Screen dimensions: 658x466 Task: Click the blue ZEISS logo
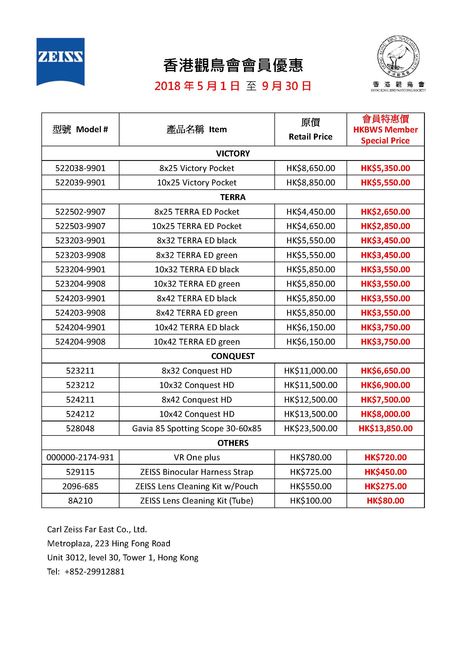60,61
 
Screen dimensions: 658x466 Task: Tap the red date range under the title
233,86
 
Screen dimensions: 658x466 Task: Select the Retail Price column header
310,129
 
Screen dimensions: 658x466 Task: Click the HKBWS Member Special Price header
385,129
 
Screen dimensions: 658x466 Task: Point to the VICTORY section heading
233,154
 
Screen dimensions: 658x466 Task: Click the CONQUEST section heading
233,356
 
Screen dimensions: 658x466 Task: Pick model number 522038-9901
80,168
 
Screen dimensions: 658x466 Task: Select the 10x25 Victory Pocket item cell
197,183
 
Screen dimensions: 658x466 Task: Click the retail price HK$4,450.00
310,212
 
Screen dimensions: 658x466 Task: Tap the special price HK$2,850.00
385,226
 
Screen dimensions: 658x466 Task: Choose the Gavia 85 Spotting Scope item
197,428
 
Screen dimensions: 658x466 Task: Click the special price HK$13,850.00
385,428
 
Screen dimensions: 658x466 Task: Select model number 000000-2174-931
80,457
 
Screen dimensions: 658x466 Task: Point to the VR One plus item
197,457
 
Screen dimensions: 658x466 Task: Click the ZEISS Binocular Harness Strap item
197,472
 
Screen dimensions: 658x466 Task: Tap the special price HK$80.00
385,501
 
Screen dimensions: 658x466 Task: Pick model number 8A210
80,501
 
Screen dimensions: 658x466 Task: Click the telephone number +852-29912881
94,572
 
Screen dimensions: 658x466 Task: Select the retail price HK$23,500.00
310,428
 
